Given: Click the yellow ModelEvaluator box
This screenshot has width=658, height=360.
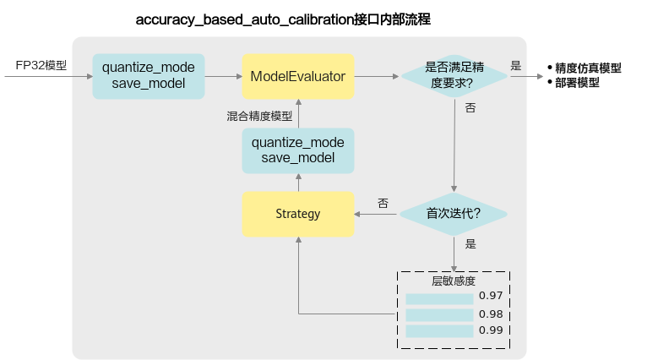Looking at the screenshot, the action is point(298,76).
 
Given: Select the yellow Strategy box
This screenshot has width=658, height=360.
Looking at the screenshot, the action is point(298,215).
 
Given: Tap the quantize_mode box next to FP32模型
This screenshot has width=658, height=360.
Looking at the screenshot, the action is point(149,76).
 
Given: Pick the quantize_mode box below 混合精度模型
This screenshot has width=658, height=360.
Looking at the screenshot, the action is point(298,150).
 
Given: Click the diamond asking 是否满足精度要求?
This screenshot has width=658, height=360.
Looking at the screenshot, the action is point(454,76).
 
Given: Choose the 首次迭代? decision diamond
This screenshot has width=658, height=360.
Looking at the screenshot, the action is point(454,215).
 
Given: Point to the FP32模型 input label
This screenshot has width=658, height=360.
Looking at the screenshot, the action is point(41,66).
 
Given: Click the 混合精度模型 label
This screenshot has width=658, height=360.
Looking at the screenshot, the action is point(259,117).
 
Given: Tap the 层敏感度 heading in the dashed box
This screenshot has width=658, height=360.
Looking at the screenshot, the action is point(454,281).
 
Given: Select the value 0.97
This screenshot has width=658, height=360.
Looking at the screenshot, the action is point(491,296).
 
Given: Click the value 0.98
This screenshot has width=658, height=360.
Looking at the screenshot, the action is point(491,314).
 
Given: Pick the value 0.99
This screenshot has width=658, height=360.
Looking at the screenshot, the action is point(491,330).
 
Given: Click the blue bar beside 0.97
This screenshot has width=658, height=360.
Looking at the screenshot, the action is point(439,299).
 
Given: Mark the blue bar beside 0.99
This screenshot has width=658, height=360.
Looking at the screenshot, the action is point(439,331).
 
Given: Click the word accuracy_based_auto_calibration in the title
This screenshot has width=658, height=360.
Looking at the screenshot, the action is point(245,19).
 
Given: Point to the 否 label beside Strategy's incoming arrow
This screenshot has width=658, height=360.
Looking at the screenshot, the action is point(383,204).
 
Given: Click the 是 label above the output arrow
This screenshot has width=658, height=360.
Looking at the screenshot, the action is point(516,66).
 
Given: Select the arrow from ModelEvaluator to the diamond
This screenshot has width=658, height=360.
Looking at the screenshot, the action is point(377,76).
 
